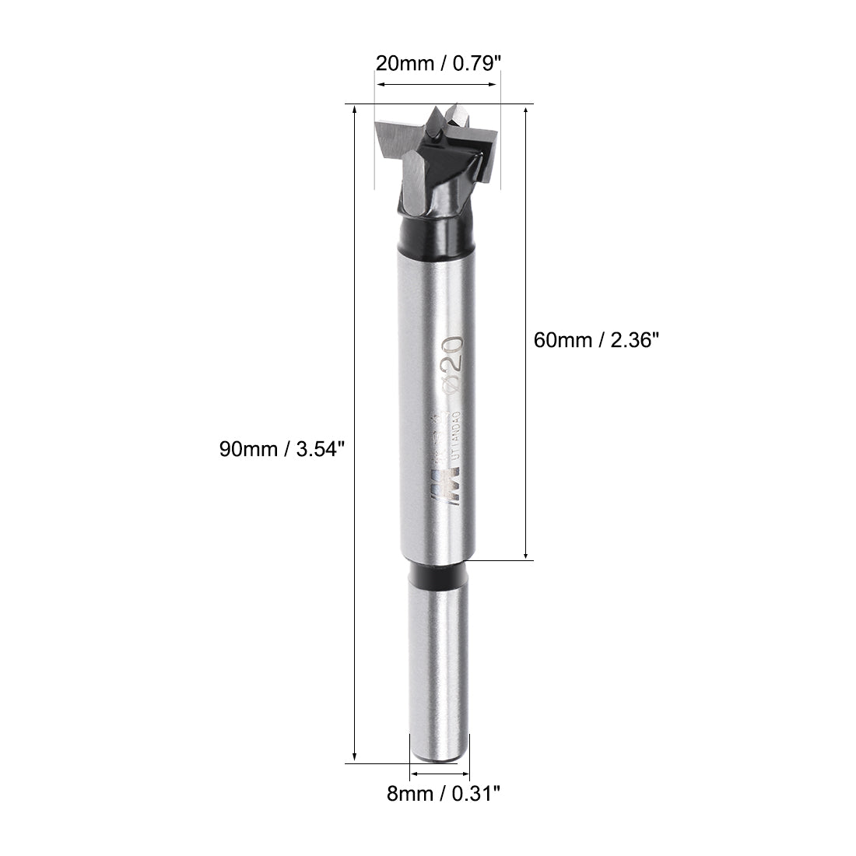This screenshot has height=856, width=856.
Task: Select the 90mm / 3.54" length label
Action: point(281,450)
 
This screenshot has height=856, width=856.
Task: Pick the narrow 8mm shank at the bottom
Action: point(438,669)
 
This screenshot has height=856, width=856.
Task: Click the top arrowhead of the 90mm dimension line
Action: point(355,111)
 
